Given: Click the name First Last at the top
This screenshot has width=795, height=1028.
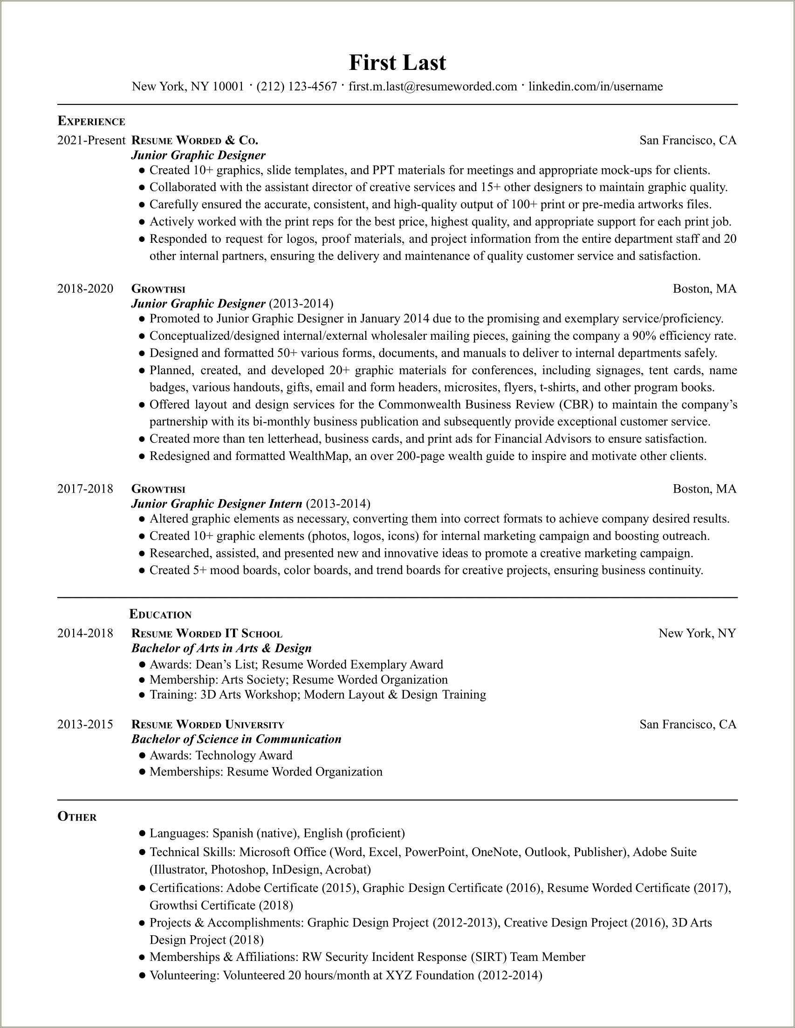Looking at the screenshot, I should click(397, 62).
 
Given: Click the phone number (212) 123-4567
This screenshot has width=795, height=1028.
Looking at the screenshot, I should click(296, 87).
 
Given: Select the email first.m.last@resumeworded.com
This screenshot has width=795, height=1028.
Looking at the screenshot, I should click(432, 87).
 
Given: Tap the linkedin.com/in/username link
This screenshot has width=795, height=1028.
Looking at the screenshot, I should click(596, 87).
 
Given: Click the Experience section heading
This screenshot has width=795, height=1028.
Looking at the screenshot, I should click(91, 122).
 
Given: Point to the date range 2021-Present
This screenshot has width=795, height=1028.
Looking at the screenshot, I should click(91, 140).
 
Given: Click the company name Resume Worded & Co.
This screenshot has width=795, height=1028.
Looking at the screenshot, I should click(194, 140).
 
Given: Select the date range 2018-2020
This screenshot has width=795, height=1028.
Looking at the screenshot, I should click(85, 288).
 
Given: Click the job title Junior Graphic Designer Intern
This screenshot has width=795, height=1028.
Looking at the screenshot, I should click(217, 504).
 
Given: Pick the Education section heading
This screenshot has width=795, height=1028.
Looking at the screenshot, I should click(160, 614).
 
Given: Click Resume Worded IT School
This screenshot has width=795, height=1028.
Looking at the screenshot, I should click(206, 634).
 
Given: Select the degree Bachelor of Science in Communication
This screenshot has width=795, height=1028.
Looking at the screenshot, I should click(236, 739).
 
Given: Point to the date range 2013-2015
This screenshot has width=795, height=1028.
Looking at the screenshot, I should click(85, 724).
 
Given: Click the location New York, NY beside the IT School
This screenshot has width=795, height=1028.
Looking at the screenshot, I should click(697, 634).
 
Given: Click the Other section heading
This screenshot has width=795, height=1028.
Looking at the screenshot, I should click(77, 816).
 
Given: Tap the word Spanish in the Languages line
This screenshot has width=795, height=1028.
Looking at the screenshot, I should click(233, 833).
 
